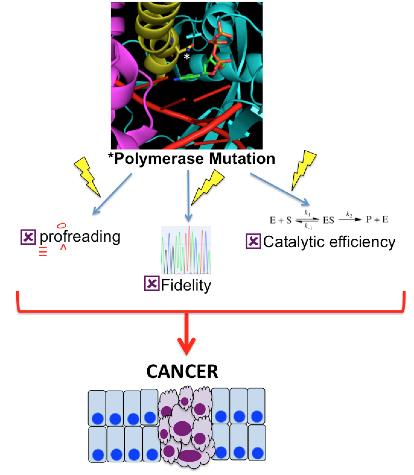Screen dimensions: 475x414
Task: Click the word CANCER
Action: (x=182, y=371)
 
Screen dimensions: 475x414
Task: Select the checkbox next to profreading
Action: (x=28, y=237)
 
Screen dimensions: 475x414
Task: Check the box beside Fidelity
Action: (x=152, y=283)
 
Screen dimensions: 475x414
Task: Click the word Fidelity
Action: (x=186, y=285)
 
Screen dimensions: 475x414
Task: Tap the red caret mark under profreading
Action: (x=63, y=248)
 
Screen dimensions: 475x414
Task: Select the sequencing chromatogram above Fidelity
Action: (x=186, y=250)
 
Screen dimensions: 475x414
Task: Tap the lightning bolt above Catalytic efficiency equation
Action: (x=303, y=170)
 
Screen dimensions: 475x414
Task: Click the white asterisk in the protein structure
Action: (x=187, y=56)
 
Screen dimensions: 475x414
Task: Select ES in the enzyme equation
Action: (x=328, y=220)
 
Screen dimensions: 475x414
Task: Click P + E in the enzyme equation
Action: (x=377, y=219)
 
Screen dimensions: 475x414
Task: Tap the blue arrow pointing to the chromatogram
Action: (x=188, y=196)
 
